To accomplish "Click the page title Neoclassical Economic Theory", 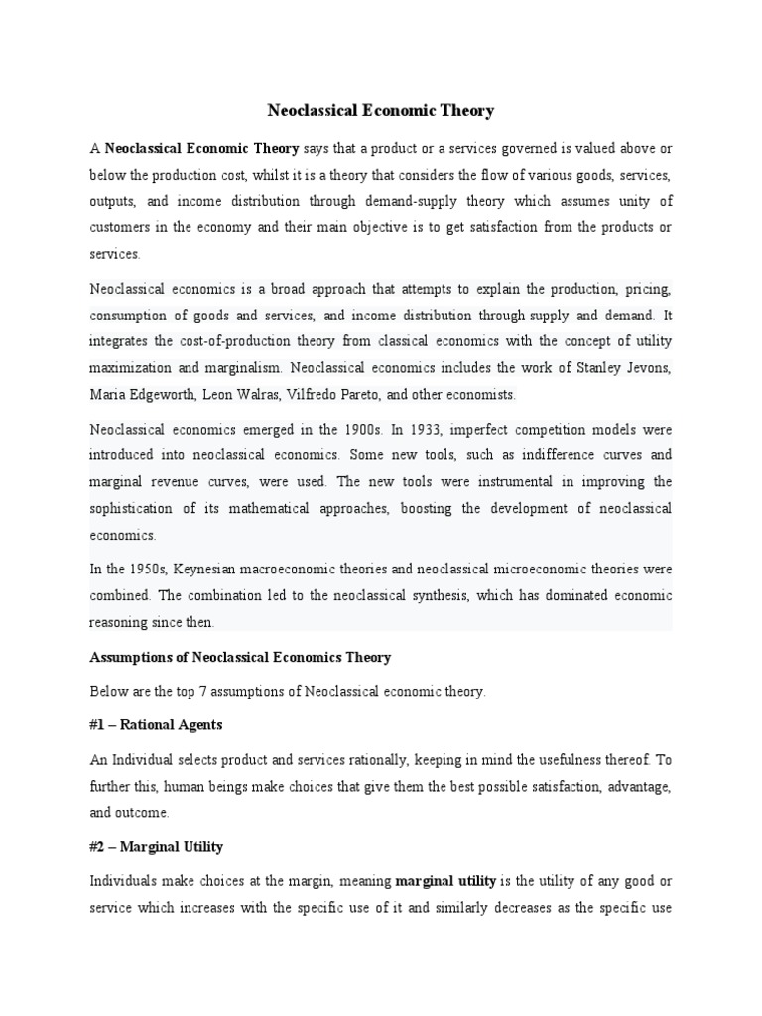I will (381, 111).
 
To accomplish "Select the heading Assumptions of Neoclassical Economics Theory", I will (240, 658).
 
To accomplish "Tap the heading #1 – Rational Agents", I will (156, 725).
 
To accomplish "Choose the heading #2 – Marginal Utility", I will (156, 846).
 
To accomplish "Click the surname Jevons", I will (648, 368).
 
